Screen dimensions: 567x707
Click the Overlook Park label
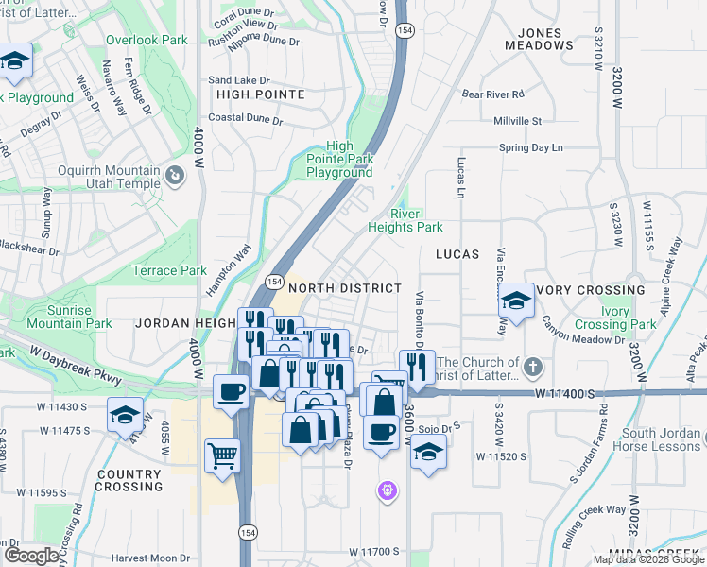pyautogui.click(x=147, y=41)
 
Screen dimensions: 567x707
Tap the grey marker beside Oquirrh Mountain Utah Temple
pyautogui.click(x=174, y=176)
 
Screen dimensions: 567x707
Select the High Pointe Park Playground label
pyautogui.click(x=339, y=160)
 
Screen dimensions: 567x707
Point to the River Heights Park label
pyautogui.click(x=405, y=220)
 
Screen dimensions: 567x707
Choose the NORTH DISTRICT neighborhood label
pyautogui.click(x=345, y=287)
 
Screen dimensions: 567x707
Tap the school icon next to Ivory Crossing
pyautogui.click(x=517, y=301)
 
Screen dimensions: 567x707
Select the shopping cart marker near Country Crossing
pyautogui.click(x=222, y=456)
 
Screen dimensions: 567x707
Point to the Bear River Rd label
pyautogui.click(x=492, y=94)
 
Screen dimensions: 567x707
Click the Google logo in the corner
pyautogui.click(x=31, y=555)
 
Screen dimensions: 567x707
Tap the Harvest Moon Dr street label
pyautogui.click(x=150, y=558)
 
